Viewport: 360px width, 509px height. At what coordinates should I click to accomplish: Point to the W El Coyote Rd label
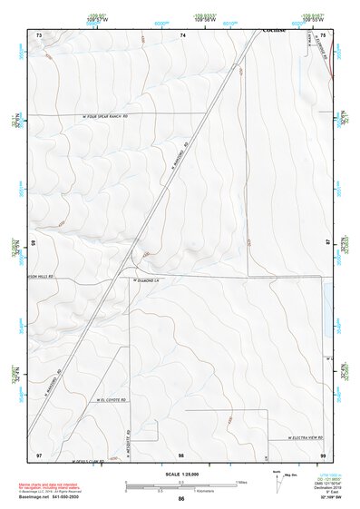pyautogui.click(x=108, y=399)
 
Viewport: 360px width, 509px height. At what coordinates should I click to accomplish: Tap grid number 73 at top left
pyautogui.click(x=39, y=34)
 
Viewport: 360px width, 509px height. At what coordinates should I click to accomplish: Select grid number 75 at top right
pyautogui.click(x=324, y=34)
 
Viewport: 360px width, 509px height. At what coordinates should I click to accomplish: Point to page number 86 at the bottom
pyautogui.click(x=181, y=499)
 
